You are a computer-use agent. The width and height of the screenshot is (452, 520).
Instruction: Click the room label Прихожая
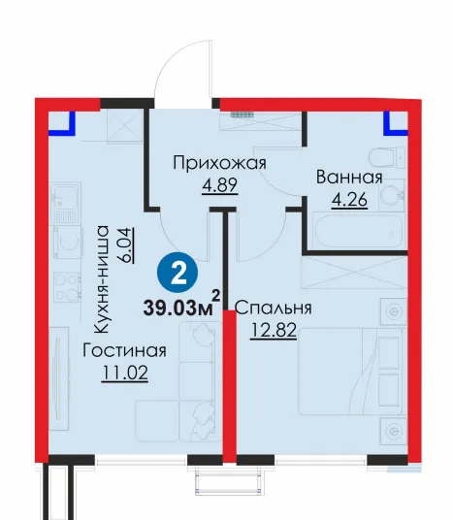point(219,164)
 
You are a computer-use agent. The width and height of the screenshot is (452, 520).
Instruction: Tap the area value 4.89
point(220,184)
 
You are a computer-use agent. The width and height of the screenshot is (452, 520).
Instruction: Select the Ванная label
point(349,178)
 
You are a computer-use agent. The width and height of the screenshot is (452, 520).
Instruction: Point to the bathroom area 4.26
point(349,200)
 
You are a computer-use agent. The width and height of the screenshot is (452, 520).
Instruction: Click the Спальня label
point(274,309)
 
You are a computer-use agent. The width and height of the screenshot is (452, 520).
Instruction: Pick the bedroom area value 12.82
point(274,330)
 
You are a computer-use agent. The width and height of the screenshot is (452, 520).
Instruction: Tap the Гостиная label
point(124,350)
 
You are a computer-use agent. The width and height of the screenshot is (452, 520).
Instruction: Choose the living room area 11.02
point(125,373)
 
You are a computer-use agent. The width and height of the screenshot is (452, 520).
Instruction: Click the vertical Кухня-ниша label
point(101,279)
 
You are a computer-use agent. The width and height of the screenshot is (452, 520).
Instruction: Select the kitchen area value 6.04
point(127,245)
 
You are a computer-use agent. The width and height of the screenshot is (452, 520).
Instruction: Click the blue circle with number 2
point(178,274)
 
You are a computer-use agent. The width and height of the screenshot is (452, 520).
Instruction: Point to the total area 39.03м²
point(181,304)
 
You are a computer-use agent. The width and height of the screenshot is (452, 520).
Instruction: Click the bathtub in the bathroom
point(359,232)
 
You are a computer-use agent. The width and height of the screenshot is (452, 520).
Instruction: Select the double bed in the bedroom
point(352,372)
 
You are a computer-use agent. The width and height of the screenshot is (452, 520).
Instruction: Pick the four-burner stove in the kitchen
point(68,287)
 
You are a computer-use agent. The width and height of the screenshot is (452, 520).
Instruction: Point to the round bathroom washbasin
point(391,195)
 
